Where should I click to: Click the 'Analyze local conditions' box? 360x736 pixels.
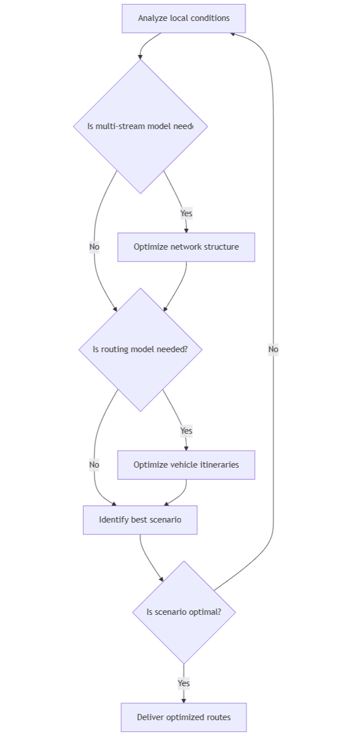183,18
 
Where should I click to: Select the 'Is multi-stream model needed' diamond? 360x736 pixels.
140,126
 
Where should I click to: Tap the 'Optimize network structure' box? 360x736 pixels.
186,247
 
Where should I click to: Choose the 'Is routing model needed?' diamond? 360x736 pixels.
140,349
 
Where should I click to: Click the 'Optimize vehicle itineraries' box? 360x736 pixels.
186,465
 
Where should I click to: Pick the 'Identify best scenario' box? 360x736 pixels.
140,520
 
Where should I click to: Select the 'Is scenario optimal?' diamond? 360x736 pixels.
183,612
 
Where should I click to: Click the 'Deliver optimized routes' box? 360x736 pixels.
183,717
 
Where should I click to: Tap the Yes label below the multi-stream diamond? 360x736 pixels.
186,213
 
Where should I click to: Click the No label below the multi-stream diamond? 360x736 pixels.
94,247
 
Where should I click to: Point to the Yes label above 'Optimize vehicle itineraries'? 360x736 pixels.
186,431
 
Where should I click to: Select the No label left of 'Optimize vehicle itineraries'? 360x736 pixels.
94,465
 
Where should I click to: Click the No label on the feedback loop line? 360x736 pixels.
273,349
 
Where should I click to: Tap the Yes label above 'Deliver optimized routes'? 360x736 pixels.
183,683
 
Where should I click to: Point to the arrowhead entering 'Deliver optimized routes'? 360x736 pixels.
183,700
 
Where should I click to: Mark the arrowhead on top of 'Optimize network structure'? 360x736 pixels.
186,230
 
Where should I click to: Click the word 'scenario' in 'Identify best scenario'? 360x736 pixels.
165,520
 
